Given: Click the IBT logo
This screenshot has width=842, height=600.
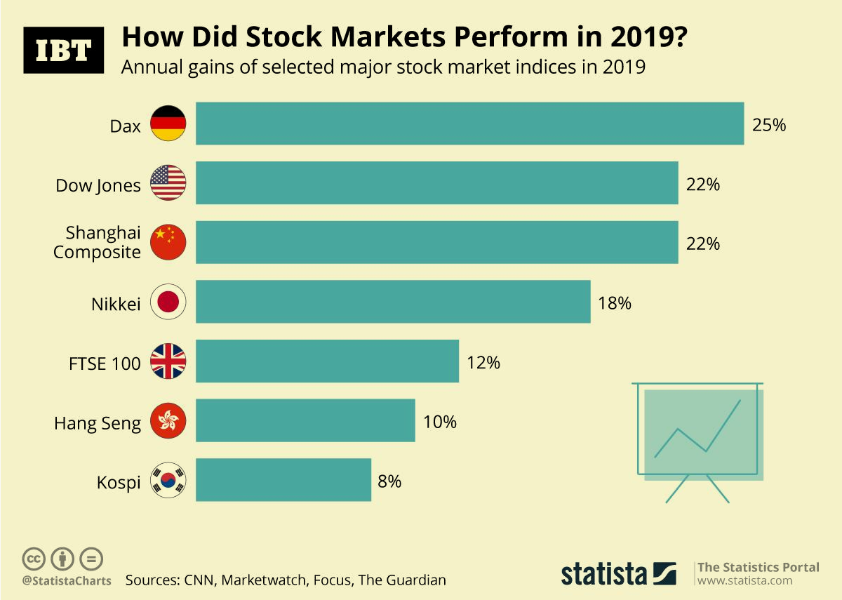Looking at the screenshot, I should click(63, 50).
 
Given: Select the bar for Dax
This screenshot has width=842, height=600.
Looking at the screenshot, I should click(469, 124).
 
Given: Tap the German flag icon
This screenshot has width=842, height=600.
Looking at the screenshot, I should click(168, 124).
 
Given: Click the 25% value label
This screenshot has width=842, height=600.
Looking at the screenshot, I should click(769, 126).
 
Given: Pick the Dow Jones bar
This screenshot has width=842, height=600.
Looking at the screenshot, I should click(436, 183).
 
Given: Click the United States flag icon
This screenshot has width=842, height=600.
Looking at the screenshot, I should click(168, 183).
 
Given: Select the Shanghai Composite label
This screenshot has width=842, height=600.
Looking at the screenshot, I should click(98, 242).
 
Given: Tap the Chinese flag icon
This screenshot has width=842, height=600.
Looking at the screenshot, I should click(168, 242).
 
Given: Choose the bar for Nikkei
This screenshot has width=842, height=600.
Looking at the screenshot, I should click(393, 302).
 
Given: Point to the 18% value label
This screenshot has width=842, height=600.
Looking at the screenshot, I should click(615, 303).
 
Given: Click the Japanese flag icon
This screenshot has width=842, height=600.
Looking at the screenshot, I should click(168, 302).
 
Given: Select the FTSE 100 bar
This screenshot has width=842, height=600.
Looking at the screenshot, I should click(327, 361).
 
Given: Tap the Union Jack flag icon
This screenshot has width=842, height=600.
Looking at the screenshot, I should click(168, 361).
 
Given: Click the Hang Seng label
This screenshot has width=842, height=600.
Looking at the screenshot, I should click(98, 423).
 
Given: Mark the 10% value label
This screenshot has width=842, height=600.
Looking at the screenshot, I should click(440, 422).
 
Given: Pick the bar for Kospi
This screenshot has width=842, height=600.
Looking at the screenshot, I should click(283, 480).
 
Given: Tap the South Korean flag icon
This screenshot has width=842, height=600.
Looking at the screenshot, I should click(168, 480).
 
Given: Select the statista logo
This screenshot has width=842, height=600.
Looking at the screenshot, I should click(618, 573).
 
